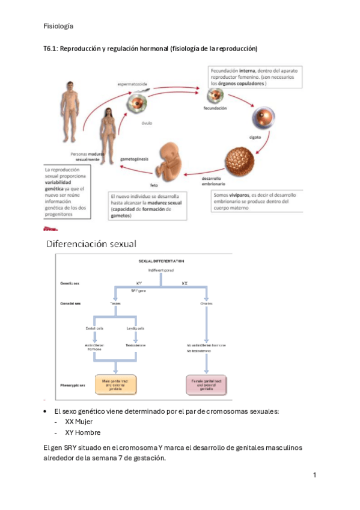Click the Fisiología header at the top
pos(59,26)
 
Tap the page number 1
pos(314,475)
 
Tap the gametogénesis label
pos(134,159)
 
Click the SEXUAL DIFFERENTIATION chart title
pos(162,261)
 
